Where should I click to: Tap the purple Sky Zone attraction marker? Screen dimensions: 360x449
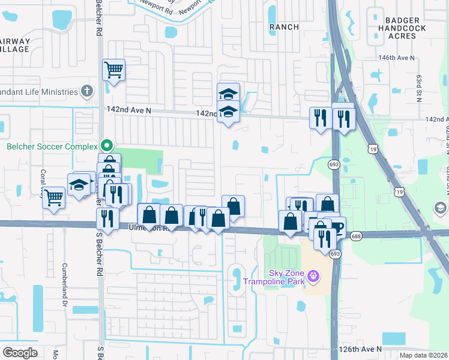[x=312, y=276]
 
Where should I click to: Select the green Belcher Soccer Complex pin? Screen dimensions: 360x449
[x=107, y=145]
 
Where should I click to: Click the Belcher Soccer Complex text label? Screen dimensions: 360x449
[x=52, y=146]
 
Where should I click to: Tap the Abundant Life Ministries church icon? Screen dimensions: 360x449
[x=88, y=92]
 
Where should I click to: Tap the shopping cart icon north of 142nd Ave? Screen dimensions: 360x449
[x=113, y=70]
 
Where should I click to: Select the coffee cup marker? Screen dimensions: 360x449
[x=336, y=229]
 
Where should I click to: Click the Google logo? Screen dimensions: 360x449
[x=20, y=353]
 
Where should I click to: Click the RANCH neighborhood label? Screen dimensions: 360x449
[x=284, y=27]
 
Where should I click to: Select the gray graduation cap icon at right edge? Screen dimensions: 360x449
[x=440, y=208]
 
